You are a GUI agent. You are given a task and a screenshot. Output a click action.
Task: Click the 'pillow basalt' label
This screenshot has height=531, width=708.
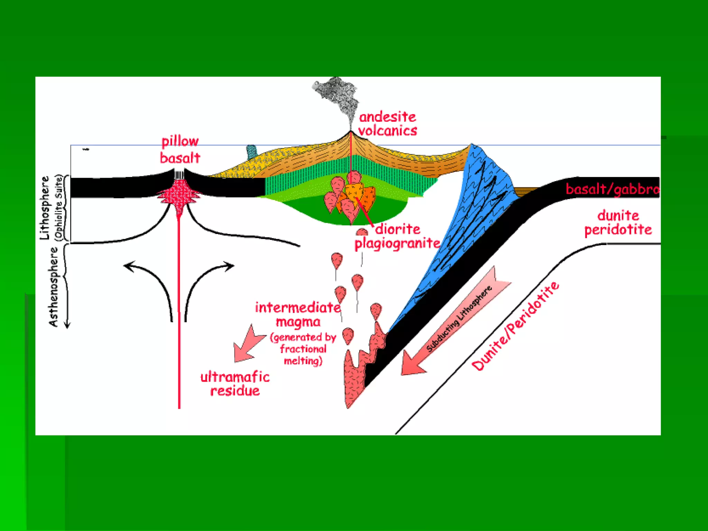(x=180, y=150)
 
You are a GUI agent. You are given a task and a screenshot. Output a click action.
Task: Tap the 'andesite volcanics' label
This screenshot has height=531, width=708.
(x=388, y=124)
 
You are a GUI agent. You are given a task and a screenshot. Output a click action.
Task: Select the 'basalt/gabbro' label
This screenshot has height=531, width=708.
(x=612, y=189)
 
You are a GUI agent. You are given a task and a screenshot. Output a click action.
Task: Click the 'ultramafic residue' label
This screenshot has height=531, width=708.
(x=235, y=384)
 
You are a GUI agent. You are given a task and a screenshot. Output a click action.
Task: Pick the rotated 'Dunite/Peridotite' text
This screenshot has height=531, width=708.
(x=515, y=326)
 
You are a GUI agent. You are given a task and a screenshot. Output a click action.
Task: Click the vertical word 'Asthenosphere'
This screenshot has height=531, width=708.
(x=54, y=287)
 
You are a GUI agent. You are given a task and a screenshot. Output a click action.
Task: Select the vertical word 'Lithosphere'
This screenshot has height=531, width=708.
(x=45, y=208)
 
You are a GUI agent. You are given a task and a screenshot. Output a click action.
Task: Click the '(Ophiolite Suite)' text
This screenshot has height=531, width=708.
(x=59, y=207)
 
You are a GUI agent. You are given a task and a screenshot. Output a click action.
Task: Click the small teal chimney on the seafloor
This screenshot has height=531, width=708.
(x=251, y=152)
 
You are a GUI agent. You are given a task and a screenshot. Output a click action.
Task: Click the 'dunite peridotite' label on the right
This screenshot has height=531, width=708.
(x=618, y=222)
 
